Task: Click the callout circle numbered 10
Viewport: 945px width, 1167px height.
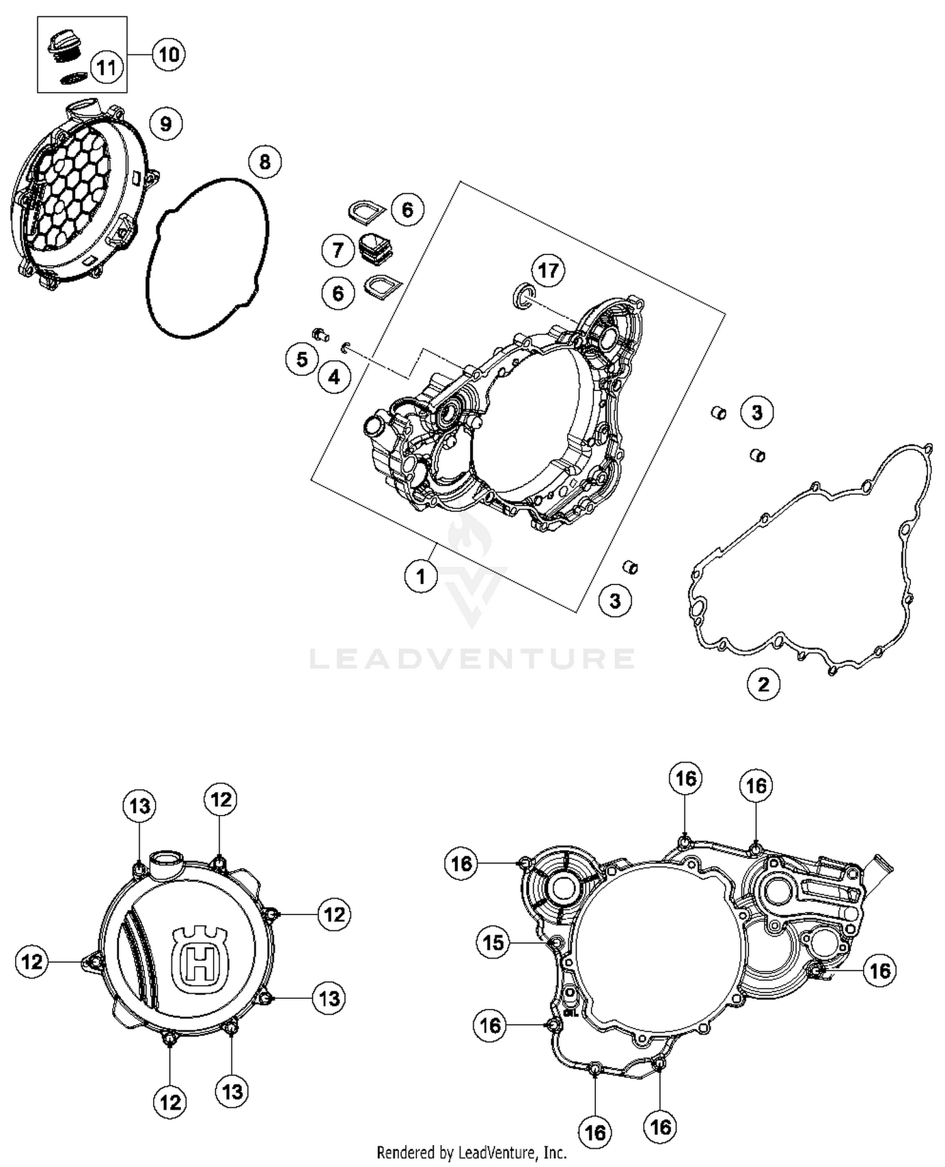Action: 168,55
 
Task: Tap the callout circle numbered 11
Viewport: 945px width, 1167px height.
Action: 106,66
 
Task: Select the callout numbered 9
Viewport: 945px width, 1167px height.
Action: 166,123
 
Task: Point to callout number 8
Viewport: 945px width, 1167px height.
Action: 265,162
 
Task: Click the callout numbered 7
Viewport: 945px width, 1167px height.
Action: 338,250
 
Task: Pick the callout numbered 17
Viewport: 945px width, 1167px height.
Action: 548,271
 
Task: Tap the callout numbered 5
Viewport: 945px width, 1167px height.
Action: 302,359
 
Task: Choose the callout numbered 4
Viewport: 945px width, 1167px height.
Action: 334,377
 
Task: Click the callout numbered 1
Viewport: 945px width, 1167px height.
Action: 421,576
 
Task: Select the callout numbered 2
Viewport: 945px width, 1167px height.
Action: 764,684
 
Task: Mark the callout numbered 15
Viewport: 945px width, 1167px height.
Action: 493,942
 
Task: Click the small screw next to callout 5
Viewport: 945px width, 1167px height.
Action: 320,333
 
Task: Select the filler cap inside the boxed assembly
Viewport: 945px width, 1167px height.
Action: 64,47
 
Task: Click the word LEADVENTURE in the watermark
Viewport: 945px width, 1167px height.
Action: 472,659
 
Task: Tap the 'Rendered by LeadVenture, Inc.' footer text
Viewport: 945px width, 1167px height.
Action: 471,1153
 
